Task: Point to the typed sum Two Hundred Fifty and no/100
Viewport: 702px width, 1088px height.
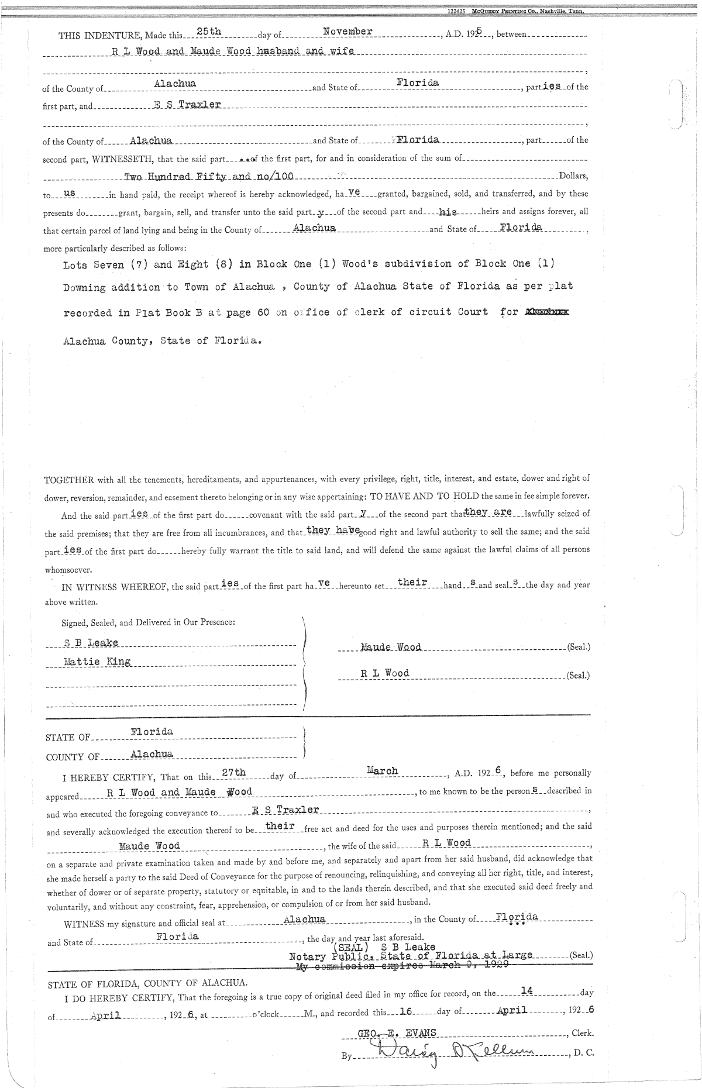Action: pyautogui.click(x=209, y=176)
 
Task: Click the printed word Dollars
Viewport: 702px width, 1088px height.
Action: pyautogui.click(x=573, y=176)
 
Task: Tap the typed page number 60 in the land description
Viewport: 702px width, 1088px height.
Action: pyautogui.click(x=263, y=312)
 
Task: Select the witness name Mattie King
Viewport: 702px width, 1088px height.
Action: pyautogui.click(x=97, y=662)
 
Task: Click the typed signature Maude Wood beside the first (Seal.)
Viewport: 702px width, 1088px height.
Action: pyautogui.click(x=391, y=647)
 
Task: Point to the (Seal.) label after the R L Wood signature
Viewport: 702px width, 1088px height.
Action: pyautogui.click(x=578, y=675)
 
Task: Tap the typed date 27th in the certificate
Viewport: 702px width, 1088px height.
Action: pyautogui.click(x=234, y=773)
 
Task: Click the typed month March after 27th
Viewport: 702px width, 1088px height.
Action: pyautogui.click(x=382, y=771)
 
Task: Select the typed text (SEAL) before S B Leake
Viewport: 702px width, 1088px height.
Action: pyautogui.click(x=349, y=946)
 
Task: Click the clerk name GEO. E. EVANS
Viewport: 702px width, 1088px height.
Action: pyautogui.click(x=397, y=1034)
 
